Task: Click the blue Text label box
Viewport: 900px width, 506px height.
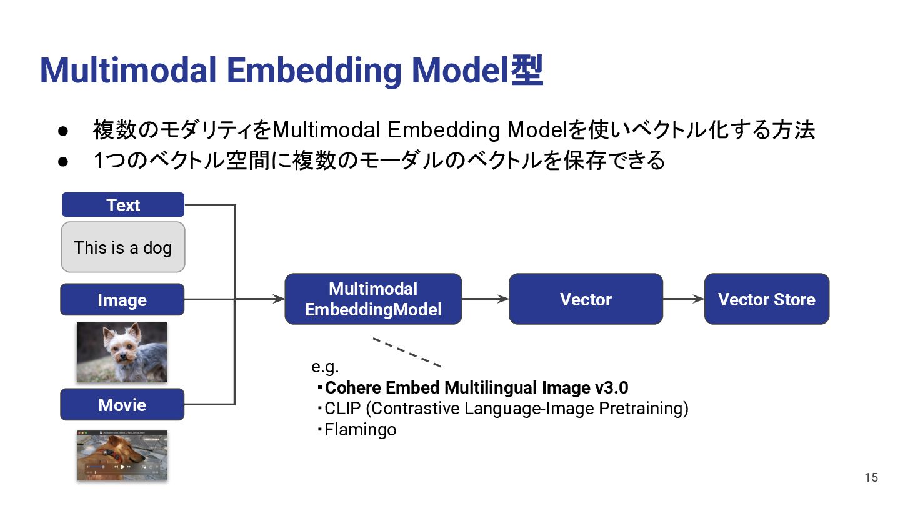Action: pos(123,205)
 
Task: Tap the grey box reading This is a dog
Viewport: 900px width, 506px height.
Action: pos(123,247)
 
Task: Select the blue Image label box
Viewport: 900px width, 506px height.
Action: pos(122,300)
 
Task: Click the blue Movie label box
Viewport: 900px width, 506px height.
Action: pos(122,405)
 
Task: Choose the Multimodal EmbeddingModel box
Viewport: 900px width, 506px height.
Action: pos(373,299)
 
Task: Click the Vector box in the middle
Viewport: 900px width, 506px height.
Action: pos(586,299)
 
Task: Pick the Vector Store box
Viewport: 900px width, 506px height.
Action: pos(766,299)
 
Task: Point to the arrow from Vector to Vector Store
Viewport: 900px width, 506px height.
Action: pos(684,299)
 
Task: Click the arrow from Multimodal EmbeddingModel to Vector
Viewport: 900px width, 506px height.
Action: pos(486,299)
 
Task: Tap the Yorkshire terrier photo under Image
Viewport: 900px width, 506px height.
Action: pos(122,352)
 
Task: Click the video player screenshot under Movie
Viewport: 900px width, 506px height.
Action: pos(122,455)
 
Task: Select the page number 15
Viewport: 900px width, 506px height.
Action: pos(871,478)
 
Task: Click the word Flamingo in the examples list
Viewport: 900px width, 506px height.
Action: pos(361,430)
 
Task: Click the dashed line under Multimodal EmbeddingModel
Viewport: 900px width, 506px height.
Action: pos(407,352)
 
